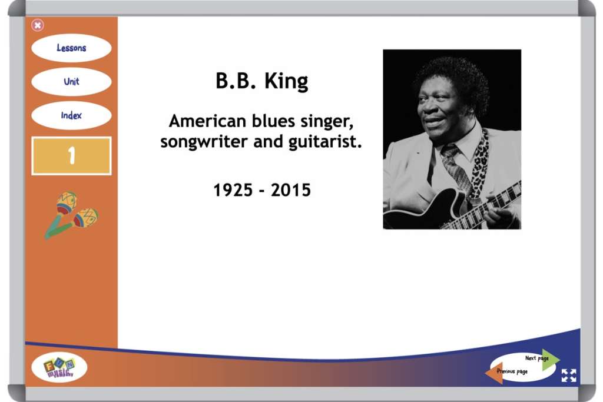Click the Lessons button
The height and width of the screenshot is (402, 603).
[x=71, y=48]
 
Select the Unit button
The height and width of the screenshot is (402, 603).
[x=71, y=81]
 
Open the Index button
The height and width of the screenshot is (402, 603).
[x=71, y=115]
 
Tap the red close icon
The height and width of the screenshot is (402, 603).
[x=37, y=25]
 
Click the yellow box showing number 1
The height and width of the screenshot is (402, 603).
[x=71, y=155]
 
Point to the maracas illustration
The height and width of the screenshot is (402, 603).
[x=71, y=215]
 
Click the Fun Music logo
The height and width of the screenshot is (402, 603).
[x=59, y=367]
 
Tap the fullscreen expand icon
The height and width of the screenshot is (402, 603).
[x=569, y=376]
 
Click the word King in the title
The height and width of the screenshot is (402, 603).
[x=286, y=82]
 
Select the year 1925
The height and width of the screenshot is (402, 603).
[x=233, y=190]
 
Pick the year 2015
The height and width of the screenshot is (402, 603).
[x=291, y=190]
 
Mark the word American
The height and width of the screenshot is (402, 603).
[x=208, y=121]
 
